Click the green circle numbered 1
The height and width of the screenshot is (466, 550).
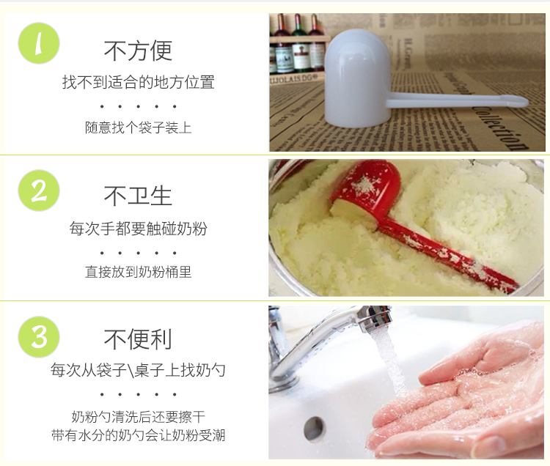point(39,43)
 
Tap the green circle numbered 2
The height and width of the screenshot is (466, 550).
point(39,191)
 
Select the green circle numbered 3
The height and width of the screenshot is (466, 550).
point(39,337)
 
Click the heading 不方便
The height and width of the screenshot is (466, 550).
point(138,51)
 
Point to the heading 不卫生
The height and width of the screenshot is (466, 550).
point(138,196)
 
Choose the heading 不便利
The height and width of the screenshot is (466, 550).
point(138,339)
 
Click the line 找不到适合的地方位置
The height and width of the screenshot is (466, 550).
point(138,82)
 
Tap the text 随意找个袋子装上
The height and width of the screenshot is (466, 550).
point(138,127)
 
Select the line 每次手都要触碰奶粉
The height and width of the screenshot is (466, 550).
point(138,229)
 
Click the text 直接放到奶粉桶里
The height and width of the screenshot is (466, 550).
point(138,272)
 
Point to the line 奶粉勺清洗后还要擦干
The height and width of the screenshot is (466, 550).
point(138,417)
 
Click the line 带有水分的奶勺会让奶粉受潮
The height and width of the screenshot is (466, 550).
point(138,435)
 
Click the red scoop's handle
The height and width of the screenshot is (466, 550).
point(447,255)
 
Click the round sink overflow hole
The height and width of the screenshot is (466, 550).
point(314,429)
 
